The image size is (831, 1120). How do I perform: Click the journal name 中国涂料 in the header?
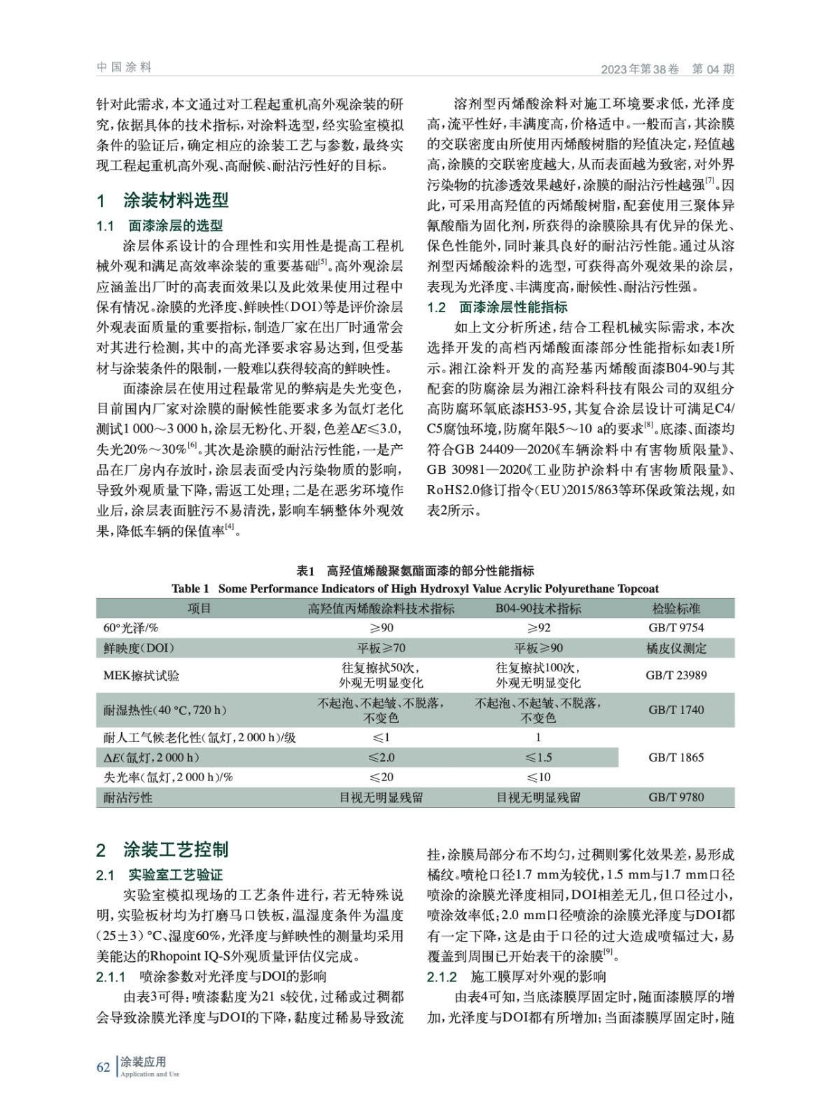point(124,67)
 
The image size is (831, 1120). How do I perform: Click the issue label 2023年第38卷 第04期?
point(667,69)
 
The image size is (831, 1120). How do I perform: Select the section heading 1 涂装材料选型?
point(163,201)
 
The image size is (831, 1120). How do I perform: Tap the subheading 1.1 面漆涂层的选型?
point(160,225)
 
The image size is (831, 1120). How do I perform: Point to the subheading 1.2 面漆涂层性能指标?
point(497,307)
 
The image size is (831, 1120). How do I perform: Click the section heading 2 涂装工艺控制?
point(163,850)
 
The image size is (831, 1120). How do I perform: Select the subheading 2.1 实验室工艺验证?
point(160,875)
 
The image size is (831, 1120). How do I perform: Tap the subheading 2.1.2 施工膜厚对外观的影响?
point(517,976)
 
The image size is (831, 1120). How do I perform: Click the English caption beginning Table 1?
point(415,589)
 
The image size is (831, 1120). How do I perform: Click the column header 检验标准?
point(676,609)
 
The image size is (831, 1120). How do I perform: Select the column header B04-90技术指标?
point(538,609)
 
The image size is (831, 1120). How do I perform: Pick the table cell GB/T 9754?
point(676,628)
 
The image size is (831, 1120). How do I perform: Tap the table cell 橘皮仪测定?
point(676,648)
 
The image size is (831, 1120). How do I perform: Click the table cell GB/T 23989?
point(676,675)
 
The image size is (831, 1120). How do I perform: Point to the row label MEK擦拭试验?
point(141,675)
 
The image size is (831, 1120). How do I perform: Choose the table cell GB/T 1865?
point(676,757)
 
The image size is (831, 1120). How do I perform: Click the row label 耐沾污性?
point(128,797)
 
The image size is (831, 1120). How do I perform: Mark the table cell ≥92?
point(538,628)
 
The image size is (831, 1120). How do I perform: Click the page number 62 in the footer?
point(103,1067)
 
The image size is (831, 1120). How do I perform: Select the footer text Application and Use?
point(150,1074)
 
